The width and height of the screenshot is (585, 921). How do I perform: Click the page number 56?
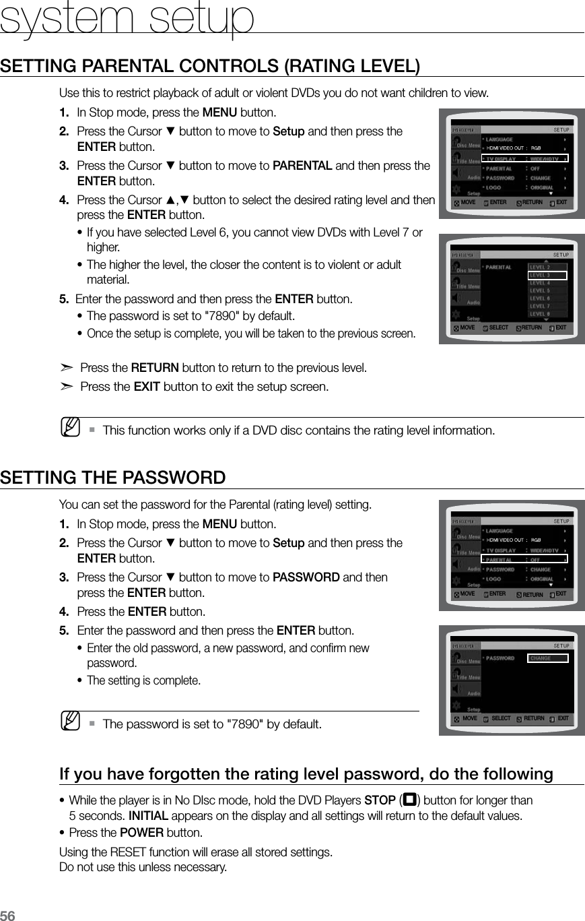tap(8, 914)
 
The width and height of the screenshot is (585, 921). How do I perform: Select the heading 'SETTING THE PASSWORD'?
tap(113, 478)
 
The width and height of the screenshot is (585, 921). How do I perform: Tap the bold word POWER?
tap(147, 832)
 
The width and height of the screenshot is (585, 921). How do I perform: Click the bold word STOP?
tap(379, 800)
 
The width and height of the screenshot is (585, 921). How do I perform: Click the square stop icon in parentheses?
tap(407, 800)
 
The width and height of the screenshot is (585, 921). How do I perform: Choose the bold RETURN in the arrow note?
tap(155, 368)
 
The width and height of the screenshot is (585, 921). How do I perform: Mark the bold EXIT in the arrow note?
tap(147, 387)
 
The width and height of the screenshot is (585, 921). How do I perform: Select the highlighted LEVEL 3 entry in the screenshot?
tap(547, 275)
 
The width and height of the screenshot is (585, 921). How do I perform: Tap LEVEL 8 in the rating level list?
tap(540, 314)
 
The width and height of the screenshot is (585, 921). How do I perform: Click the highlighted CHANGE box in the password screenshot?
tap(548, 658)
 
